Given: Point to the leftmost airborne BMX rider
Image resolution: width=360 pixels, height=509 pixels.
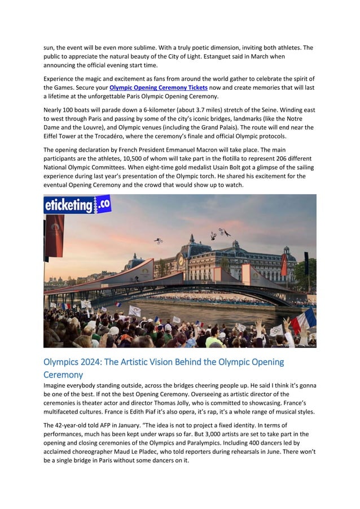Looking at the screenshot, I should (x=159, y=240).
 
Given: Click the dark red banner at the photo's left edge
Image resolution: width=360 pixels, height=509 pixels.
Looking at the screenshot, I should (x=55, y=235).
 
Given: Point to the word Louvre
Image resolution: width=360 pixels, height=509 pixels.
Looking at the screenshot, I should (x=98, y=127).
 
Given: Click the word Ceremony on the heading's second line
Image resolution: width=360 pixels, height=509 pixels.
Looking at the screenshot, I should (x=63, y=374).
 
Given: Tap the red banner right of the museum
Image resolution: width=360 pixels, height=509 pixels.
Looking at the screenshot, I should (x=284, y=265).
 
